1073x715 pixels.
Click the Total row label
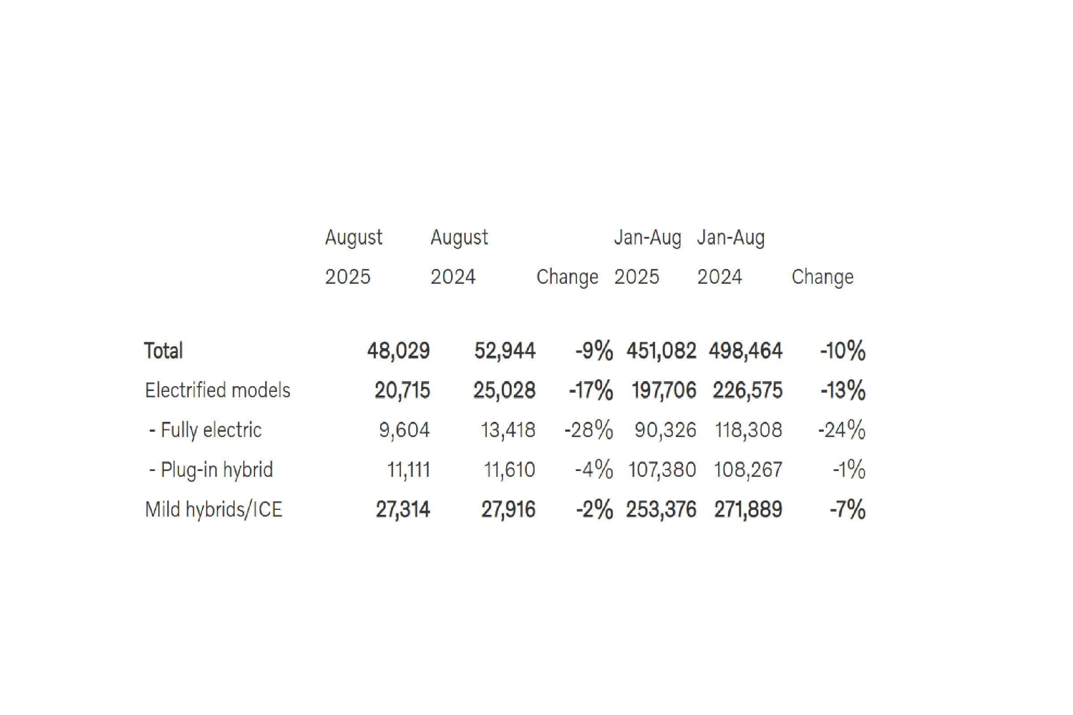pos(163,351)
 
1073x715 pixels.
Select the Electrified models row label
pos(218,390)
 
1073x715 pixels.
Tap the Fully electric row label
pos(205,430)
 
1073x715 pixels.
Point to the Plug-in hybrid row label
pos(211,470)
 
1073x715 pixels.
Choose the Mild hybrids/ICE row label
pos(214,509)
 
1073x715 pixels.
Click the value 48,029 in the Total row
pos(398,351)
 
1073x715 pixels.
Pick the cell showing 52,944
pos(505,351)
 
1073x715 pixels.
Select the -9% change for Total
pos(594,351)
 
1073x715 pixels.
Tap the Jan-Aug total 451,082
pos(661,351)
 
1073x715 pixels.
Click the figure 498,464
pos(745,351)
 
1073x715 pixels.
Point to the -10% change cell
pos(843,351)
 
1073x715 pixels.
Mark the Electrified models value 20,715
pos(402,390)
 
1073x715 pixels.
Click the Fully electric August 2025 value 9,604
pos(404,430)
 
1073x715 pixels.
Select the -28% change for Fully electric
pos(588,430)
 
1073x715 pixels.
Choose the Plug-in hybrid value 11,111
pos(408,470)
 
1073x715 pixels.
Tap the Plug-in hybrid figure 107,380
pos(662,470)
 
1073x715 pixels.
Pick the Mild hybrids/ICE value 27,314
pos(402,509)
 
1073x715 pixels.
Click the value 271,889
pos(748,509)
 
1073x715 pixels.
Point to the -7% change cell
pos(847,509)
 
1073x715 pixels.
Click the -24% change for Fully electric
pos(842,430)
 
